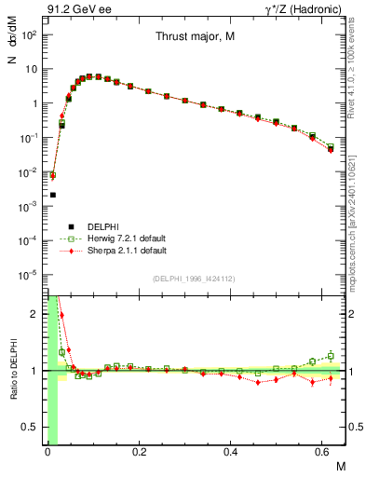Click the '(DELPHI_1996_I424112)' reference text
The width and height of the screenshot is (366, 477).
[194, 279]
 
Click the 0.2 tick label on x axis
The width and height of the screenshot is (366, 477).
[139, 453]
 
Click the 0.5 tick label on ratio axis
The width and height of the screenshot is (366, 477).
[30, 428]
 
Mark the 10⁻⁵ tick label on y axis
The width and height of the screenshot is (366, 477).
[28, 275]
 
